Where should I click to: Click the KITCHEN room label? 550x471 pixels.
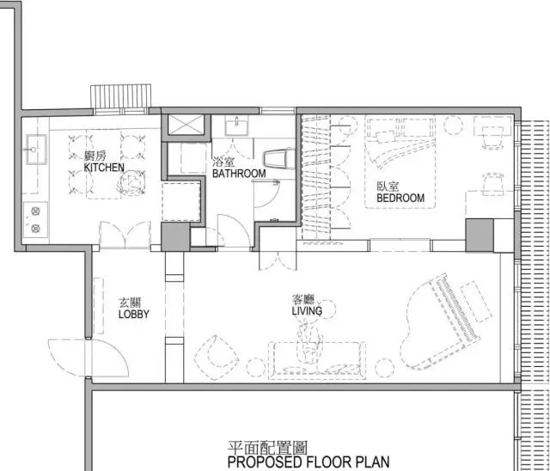tap(104, 168)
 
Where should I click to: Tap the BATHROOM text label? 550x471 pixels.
tap(239, 174)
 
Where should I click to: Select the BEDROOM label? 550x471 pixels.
tap(400, 198)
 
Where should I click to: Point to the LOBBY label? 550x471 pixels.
tap(134, 314)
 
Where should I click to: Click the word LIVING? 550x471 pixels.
tap(307, 311)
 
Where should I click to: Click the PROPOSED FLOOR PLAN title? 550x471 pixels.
tap(309, 462)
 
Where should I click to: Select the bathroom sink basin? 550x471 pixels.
tap(236, 126)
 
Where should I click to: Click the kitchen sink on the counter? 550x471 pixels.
tap(36, 149)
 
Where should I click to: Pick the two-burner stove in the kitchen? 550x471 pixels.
tap(35, 220)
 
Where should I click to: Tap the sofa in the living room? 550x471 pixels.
tap(317, 360)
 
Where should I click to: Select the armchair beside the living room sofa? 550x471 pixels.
tap(216, 358)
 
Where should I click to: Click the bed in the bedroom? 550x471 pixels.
tap(400, 162)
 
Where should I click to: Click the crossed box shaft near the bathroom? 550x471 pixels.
tap(186, 124)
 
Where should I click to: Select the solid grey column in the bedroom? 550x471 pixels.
tap(480, 235)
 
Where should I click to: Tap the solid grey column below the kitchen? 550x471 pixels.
tap(175, 236)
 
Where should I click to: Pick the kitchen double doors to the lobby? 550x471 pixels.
tap(125, 235)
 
